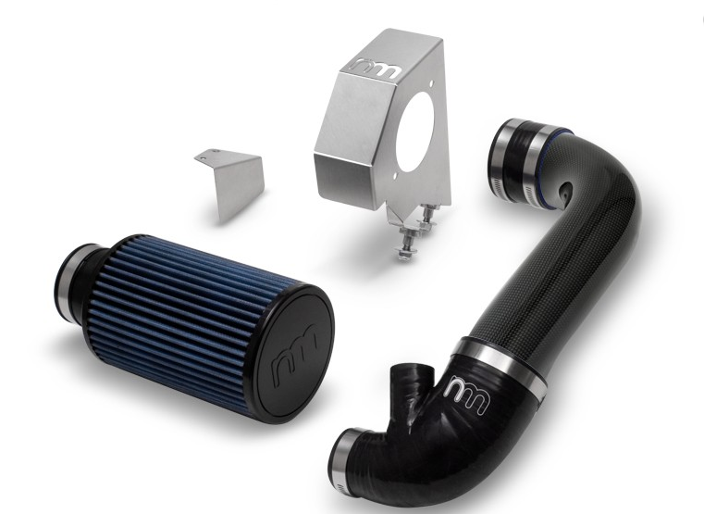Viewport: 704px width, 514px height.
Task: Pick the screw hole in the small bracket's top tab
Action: point(216,151)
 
